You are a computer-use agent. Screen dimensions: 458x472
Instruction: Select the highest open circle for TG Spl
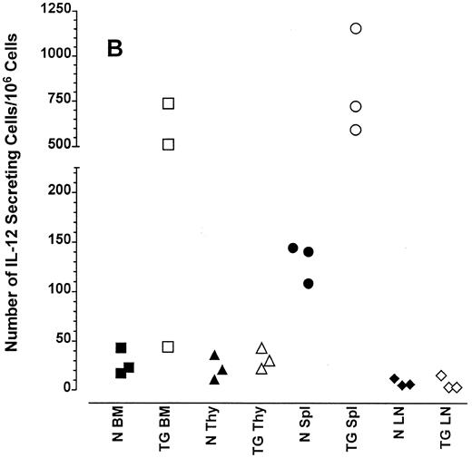[356, 28]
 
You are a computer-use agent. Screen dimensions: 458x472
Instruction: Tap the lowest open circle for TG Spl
[356, 130]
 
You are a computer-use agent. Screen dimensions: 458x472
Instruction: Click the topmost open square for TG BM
[168, 103]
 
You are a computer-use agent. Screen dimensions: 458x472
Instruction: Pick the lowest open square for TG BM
[168, 346]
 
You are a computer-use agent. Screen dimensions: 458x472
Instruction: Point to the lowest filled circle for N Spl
[309, 284]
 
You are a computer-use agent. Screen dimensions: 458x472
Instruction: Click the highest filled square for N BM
[121, 348]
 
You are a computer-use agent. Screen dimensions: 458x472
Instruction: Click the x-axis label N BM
[121, 430]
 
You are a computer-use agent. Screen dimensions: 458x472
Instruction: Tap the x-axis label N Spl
[309, 430]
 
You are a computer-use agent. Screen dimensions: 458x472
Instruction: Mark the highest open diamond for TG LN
[441, 375]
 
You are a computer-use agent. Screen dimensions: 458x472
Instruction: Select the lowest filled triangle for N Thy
[214, 379]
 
